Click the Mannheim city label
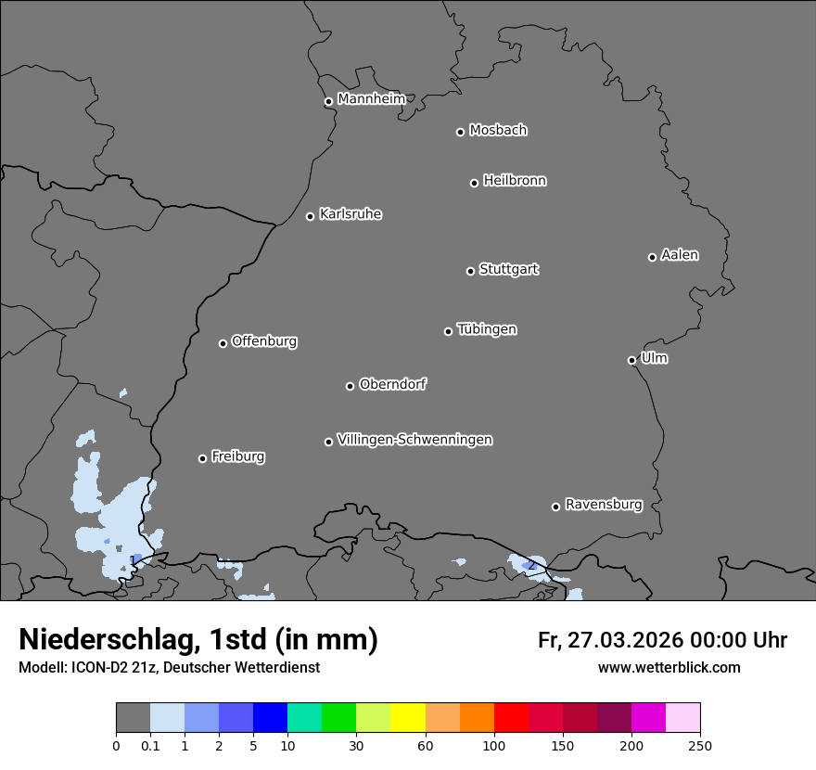click(371, 99)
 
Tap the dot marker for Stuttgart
click(470, 271)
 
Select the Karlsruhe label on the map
click(350, 214)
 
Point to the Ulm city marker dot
click(631, 360)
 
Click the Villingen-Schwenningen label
click(414, 440)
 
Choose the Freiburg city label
click(237, 456)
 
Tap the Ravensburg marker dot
click(555, 507)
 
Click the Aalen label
click(679, 255)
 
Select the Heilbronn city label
click(514, 181)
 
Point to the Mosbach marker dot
click(460, 132)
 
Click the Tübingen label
click(486, 329)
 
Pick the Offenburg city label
click(263, 341)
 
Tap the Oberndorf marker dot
click(350, 386)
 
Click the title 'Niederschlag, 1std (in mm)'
click(198, 639)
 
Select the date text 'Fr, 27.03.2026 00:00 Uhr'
click(662, 640)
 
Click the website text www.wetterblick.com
click(669, 667)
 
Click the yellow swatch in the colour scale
click(408, 718)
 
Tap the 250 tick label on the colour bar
click(700, 745)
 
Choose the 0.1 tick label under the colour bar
click(149, 745)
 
